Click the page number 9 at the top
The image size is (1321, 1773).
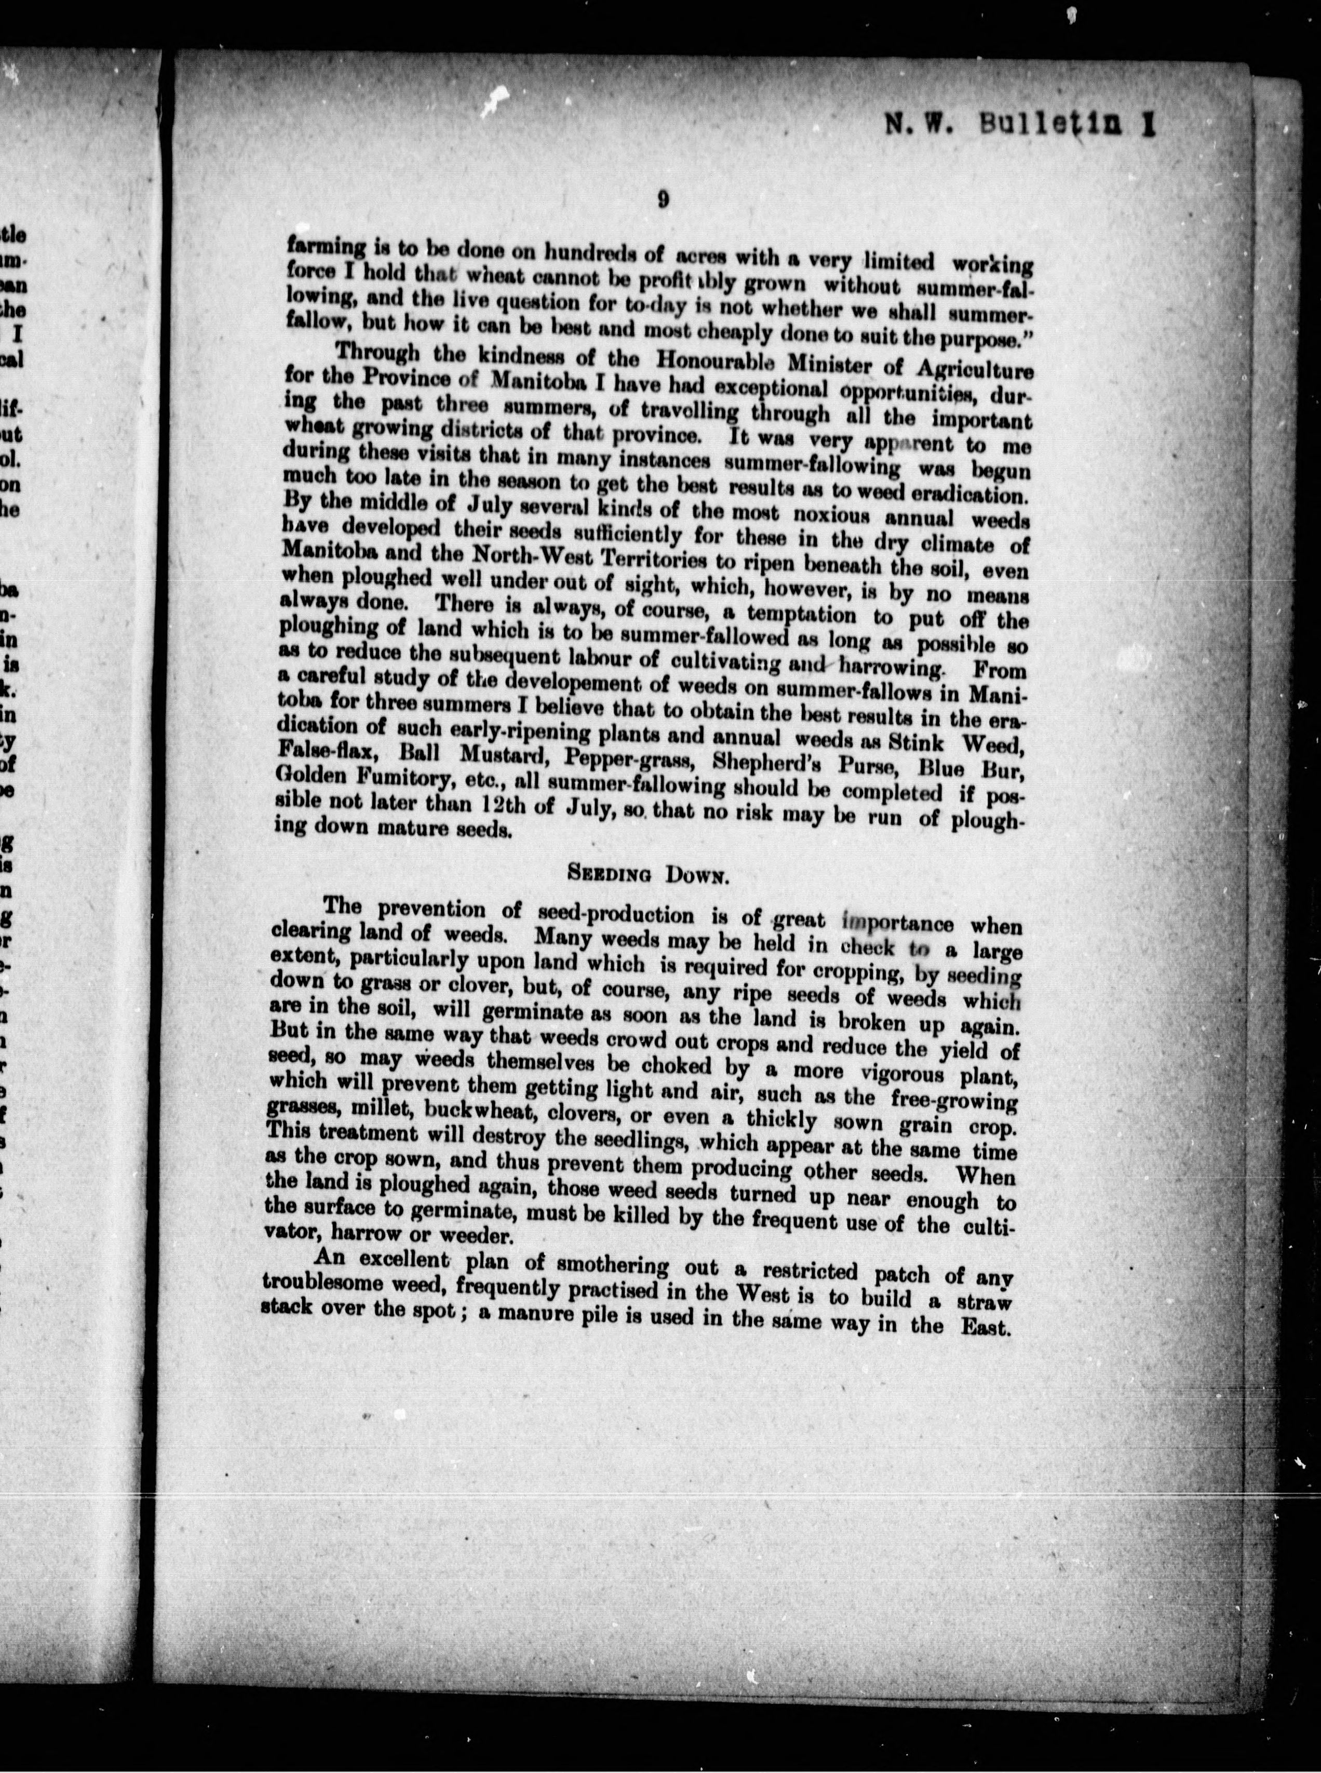click(663, 200)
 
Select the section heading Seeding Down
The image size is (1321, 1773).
click(646, 874)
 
